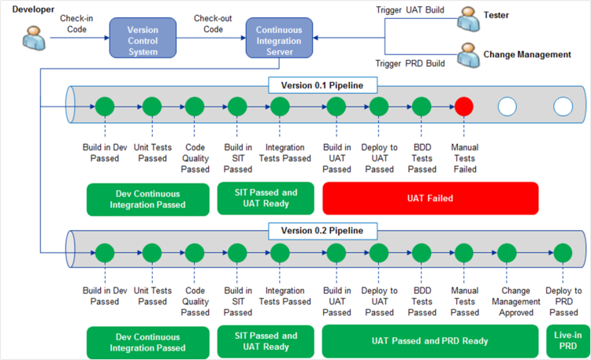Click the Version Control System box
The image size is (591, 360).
tap(143, 40)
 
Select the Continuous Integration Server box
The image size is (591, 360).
tap(279, 40)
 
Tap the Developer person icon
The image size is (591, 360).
tap(34, 37)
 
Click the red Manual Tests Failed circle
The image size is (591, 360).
tap(464, 106)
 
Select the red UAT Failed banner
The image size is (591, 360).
tap(430, 199)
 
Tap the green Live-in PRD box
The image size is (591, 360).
tap(567, 341)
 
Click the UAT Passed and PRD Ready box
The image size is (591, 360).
tap(430, 341)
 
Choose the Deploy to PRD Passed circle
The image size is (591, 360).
tap(563, 253)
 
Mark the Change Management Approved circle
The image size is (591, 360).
tap(507, 253)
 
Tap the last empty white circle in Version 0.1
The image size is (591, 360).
tap(563, 106)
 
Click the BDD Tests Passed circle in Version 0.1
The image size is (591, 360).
tap(422, 106)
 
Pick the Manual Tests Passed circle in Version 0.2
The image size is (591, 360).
tap(464, 253)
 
